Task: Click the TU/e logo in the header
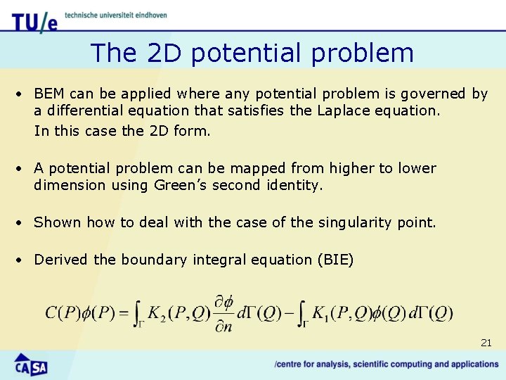[34, 22]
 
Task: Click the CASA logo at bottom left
[31, 365]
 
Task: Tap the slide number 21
[486, 343]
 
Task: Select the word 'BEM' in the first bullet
[48, 94]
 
